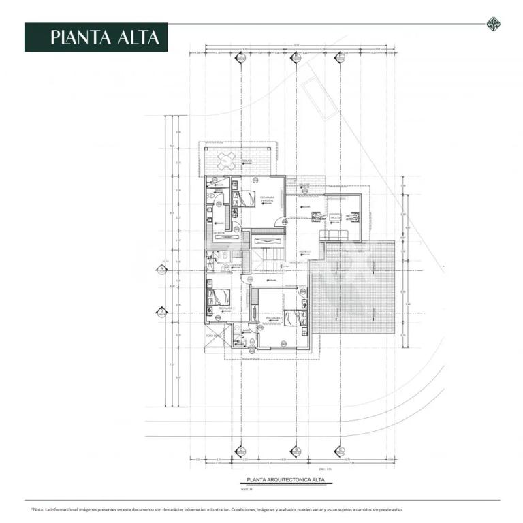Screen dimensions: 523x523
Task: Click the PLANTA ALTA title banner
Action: [x=96, y=37]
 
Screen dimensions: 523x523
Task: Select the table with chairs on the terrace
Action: [x=227, y=161]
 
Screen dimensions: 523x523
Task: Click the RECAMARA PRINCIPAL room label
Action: [x=268, y=198]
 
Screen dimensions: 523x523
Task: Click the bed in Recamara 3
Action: [x=294, y=317]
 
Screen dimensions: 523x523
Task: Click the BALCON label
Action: [x=304, y=184]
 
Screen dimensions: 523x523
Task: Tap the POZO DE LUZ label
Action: [x=214, y=336]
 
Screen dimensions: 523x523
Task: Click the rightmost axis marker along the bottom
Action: [x=338, y=451]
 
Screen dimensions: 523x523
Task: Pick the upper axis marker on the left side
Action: [x=162, y=270]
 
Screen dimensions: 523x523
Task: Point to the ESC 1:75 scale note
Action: [x=323, y=469]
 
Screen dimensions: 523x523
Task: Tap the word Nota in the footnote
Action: [x=39, y=509]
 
